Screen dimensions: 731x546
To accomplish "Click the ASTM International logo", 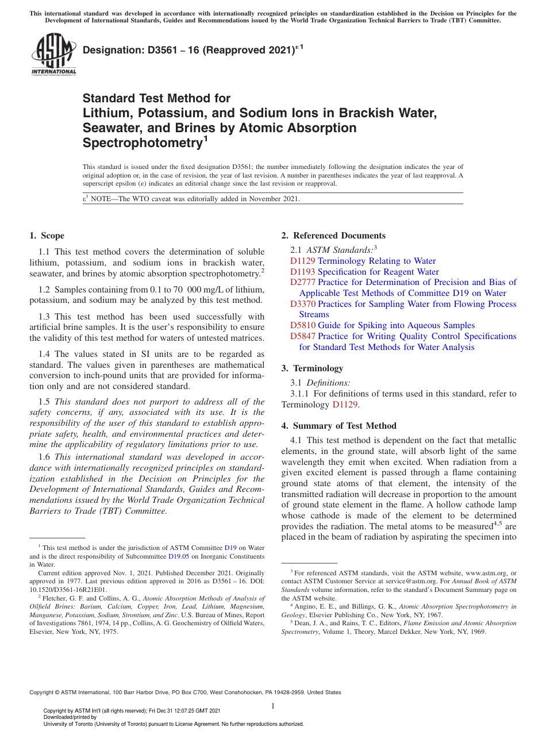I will pyautogui.click(x=53, y=55).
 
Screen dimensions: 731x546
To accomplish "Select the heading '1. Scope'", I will pyautogui.click(x=47, y=236).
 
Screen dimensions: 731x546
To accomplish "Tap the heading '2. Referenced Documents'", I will pyautogui.click(x=333, y=236).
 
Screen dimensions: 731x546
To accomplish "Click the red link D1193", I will pyautogui.click(x=302, y=272).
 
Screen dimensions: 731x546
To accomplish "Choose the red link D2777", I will pyautogui.click(x=302, y=282).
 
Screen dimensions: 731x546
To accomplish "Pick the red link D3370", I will pyautogui.click(x=302, y=304).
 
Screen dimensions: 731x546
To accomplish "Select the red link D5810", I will pyautogui.click(x=302, y=325).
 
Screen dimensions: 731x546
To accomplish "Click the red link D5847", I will pyautogui.click(x=302, y=336).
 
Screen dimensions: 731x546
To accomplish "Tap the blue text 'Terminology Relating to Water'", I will pyautogui.click(x=376, y=261).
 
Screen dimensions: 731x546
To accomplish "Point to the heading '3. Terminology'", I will pyautogui.click(x=312, y=368).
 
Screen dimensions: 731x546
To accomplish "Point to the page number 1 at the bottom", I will pyautogui.click(x=273, y=706).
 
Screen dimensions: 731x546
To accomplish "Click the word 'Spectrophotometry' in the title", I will pyautogui.click(x=141, y=143).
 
